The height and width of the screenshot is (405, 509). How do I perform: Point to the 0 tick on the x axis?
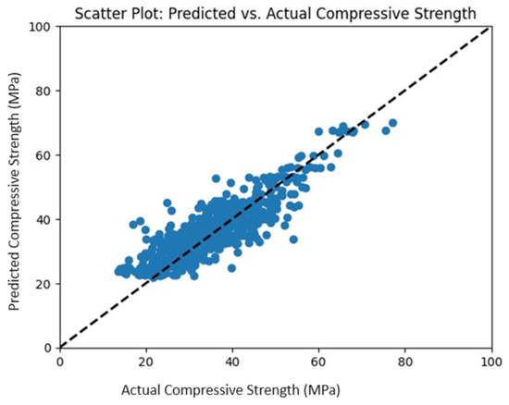click(x=60, y=361)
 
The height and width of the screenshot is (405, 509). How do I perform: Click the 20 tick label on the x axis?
click(x=146, y=361)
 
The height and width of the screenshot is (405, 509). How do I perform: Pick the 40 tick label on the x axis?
click(x=232, y=361)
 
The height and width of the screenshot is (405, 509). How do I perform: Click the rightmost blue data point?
click(x=392, y=123)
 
